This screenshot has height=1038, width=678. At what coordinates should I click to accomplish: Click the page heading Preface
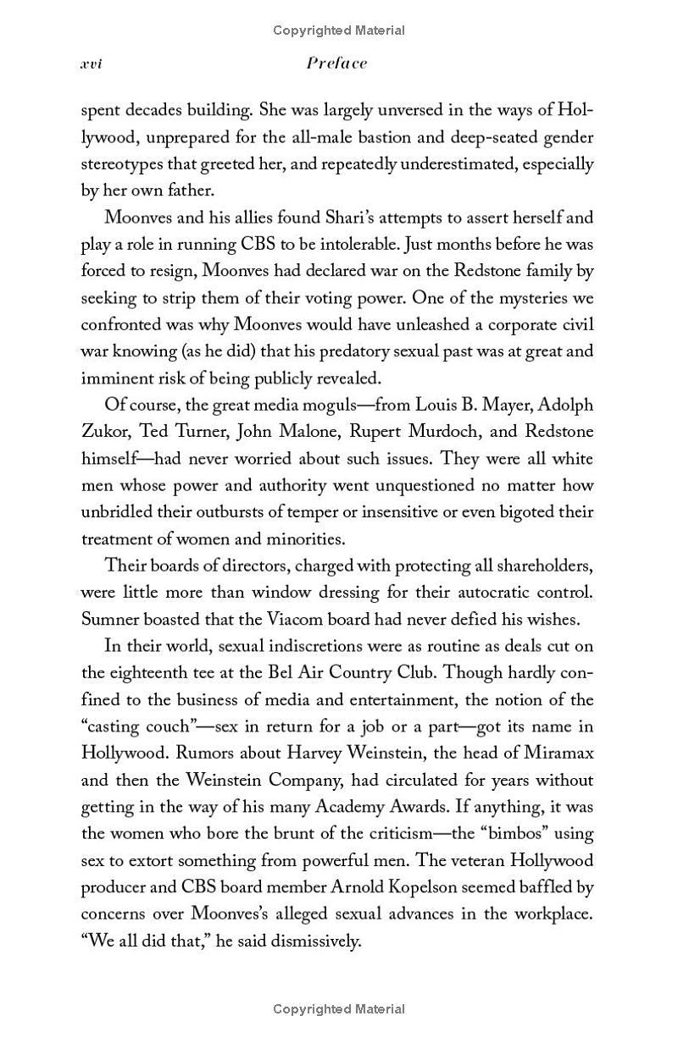point(336,63)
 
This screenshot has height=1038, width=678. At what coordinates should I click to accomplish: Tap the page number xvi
point(91,64)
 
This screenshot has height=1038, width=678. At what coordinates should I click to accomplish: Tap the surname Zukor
point(105,432)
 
